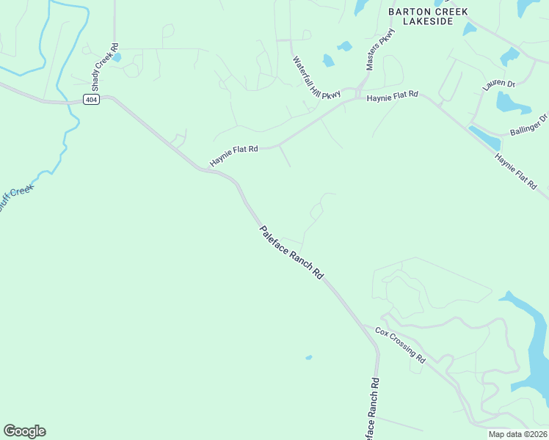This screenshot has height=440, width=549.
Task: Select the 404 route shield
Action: pos(90,100)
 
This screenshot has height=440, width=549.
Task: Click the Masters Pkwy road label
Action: pos(381,50)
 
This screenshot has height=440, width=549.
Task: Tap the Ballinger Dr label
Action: pos(528,125)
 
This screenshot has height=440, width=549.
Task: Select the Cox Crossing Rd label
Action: pos(400,345)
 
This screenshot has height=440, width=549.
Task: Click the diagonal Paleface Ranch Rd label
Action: pos(291,252)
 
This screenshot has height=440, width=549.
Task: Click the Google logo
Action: pos(24,430)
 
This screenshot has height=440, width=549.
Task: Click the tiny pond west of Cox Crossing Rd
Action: pos(308,358)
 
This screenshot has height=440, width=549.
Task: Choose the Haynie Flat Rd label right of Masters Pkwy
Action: pos(392,96)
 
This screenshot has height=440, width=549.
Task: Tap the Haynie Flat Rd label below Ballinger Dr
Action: pos(515,172)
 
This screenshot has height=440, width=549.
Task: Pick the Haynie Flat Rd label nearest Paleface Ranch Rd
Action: pos(234,155)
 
